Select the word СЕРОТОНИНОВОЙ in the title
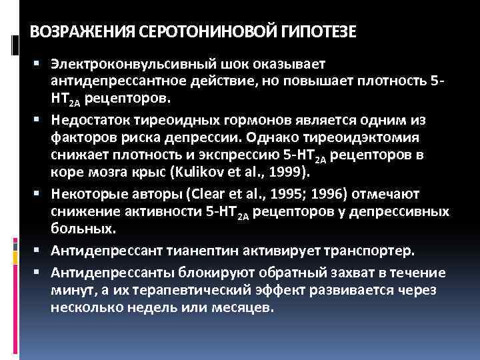[x=199, y=32]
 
